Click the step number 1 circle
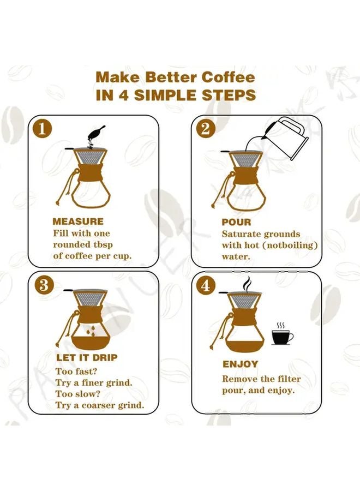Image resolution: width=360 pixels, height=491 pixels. click(42, 129)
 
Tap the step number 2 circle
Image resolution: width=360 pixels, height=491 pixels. click(205, 128)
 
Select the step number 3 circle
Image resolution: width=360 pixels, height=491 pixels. click(43, 285)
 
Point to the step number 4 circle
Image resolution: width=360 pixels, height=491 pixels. click(205, 285)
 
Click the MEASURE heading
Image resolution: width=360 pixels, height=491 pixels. click(78, 221)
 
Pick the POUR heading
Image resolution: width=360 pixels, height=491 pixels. click(236, 223)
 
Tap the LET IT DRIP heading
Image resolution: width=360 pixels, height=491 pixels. click(87, 357)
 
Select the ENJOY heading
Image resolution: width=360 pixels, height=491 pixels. click(241, 364)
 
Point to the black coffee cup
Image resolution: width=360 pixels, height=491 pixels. click(283, 337)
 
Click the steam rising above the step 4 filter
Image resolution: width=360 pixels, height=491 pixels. click(247, 284)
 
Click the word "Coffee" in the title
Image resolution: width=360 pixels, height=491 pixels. click(228, 77)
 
